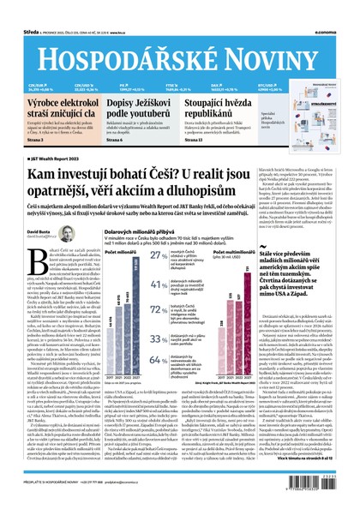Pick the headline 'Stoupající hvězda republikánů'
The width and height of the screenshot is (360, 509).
coord(221,107)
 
